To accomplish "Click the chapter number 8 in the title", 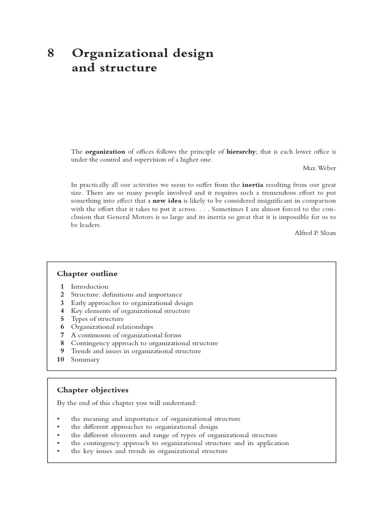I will (x=50, y=53).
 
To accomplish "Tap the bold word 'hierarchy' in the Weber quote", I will (x=241, y=151).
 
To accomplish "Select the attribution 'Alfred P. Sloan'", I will (x=315, y=233).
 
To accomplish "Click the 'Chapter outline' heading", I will (x=87, y=273).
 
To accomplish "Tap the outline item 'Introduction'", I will (x=89, y=286).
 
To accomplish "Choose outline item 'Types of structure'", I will (x=97, y=319).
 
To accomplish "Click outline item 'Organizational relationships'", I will (x=112, y=327).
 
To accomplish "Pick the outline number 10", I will (x=60, y=359).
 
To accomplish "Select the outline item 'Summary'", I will (x=85, y=359).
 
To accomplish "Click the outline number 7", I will (x=62, y=335).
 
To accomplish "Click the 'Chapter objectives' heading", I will (x=92, y=390).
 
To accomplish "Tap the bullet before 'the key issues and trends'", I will (x=58, y=451).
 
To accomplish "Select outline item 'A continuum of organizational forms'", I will (x=126, y=335).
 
